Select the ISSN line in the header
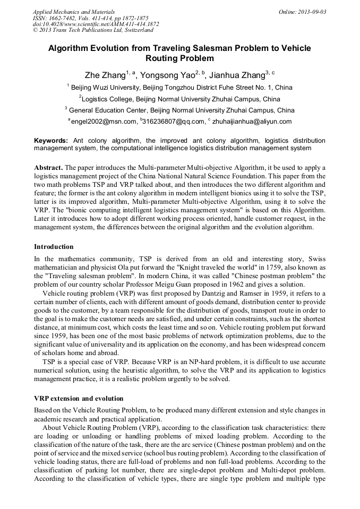90,18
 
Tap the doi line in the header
96,24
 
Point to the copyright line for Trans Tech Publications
93,31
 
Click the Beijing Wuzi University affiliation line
181,87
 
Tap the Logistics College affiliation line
181,99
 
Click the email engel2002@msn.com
104,122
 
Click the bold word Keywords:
51,140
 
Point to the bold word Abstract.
48,167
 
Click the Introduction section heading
54,247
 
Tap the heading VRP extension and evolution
79,399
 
